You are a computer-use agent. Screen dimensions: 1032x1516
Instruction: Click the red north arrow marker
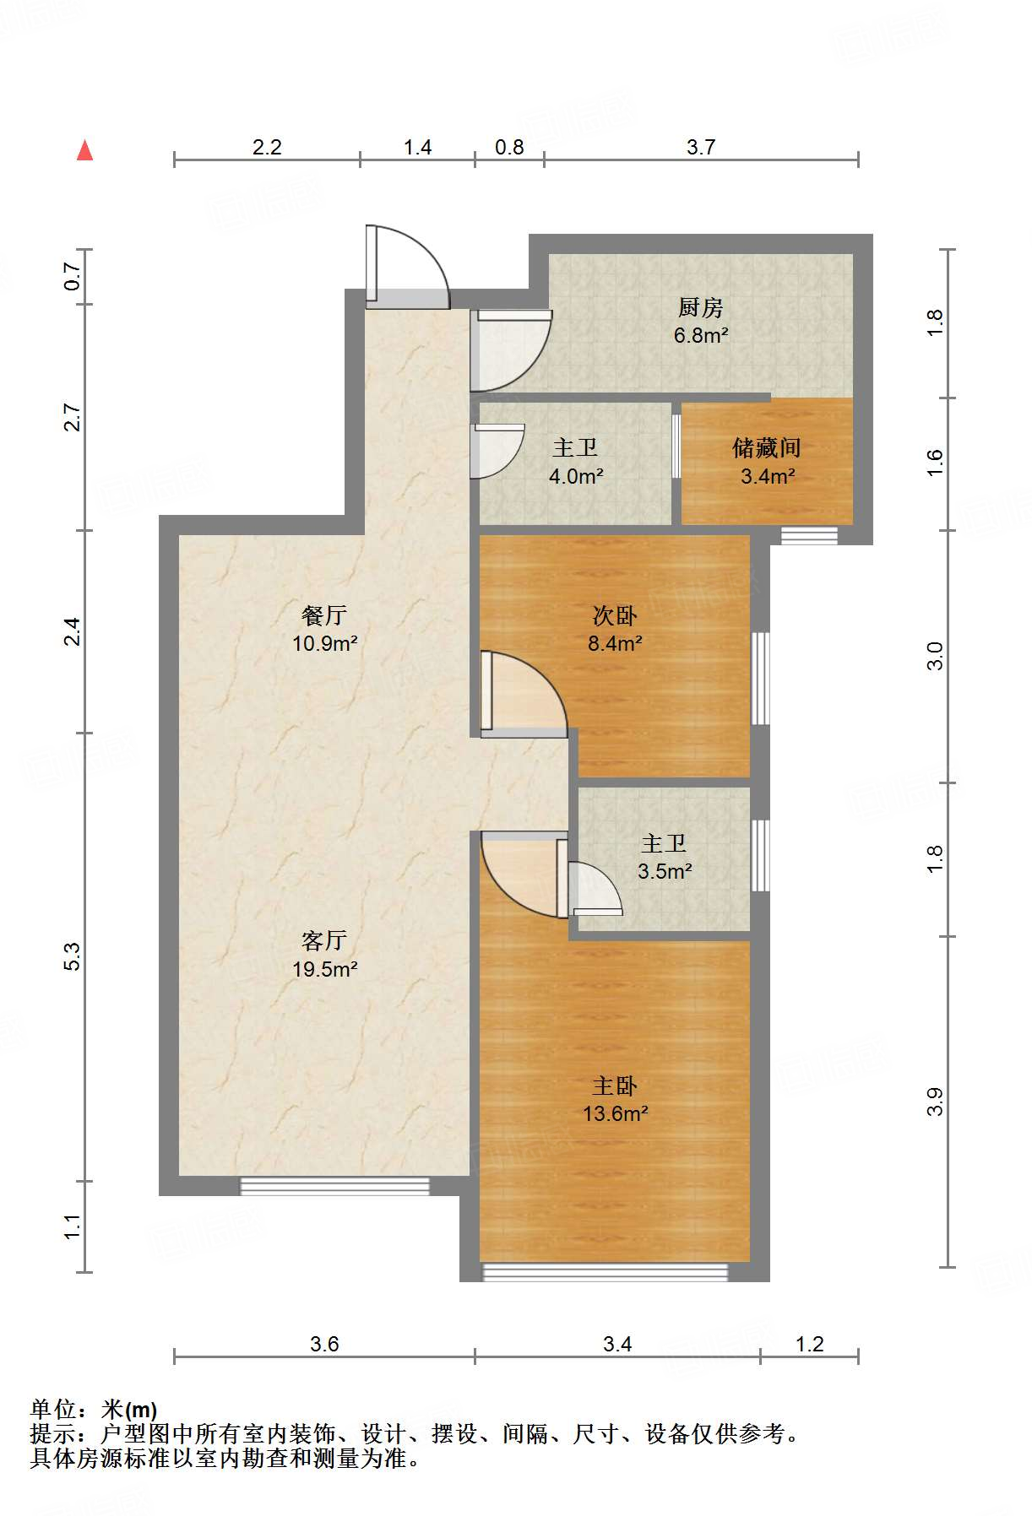[x=84, y=150]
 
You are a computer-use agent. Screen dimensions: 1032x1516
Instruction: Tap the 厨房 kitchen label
[x=700, y=307]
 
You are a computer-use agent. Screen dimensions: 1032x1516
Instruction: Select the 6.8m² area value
[x=701, y=335]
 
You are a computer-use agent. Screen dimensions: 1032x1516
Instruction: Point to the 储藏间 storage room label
[x=767, y=447]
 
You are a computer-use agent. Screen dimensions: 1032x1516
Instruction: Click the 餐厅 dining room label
[x=324, y=615]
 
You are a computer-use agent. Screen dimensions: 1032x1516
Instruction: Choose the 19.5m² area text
[x=325, y=969]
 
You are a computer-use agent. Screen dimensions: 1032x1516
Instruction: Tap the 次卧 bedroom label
[x=615, y=615]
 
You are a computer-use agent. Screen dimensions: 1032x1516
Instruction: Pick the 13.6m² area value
[x=616, y=1113]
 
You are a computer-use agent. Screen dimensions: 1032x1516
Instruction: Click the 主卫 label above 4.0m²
[x=575, y=447]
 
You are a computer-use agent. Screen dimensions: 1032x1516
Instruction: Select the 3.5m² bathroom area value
[x=665, y=871]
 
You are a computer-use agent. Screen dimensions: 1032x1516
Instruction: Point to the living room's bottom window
[x=335, y=1186]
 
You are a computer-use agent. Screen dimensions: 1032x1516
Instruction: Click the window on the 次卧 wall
[x=760, y=678]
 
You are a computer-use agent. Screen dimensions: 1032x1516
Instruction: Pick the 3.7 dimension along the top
[x=701, y=148]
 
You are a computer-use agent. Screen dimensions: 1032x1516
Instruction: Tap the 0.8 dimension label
[x=509, y=148]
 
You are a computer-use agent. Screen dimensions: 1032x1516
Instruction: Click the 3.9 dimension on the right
[x=935, y=1102]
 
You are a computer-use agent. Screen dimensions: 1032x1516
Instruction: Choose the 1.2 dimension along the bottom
[x=809, y=1344]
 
